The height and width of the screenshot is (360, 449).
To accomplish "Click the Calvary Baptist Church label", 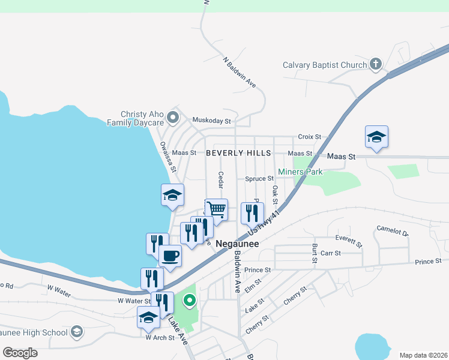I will (325, 65).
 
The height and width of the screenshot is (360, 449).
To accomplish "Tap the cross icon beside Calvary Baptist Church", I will (376, 64).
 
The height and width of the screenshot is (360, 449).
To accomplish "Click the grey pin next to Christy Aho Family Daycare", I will (173, 117).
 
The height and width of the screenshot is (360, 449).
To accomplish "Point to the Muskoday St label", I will (211, 121).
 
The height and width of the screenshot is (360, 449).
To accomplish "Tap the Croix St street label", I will (310, 137).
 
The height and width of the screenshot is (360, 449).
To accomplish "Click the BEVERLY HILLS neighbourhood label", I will (238, 153).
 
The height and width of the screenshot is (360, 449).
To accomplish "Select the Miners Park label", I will (300, 172).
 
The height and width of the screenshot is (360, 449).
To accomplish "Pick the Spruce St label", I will (259, 179).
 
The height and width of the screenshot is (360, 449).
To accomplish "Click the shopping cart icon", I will (217, 209).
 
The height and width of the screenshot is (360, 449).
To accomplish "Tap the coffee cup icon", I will (170, 256).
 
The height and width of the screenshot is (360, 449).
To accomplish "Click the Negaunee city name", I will (237, 244).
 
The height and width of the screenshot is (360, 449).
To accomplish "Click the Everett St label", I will (349, 241).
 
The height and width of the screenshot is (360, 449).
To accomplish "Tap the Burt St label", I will (314, 254).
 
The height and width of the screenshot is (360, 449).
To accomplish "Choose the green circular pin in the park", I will (190, 301).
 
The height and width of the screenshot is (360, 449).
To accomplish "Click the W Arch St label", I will (160, 338).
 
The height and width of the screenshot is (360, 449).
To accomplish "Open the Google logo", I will (20, 353).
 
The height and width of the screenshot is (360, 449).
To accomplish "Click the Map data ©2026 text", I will (423, 355).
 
